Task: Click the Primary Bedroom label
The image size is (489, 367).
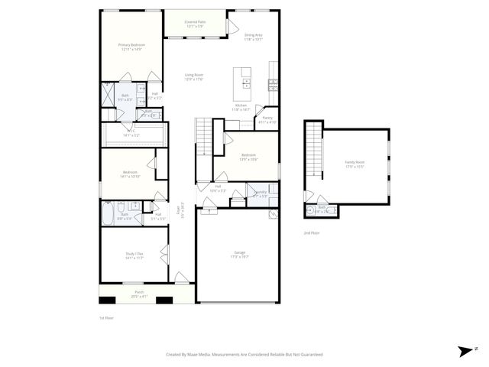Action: point(131,47)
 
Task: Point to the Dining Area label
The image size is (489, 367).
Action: point(254,37)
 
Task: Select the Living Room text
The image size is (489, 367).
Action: point(193,76)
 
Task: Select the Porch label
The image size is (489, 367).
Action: point(140,294)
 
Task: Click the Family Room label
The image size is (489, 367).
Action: point(355,164)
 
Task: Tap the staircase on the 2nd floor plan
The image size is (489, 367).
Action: point(313,151)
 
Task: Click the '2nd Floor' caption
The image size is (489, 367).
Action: point(312,232)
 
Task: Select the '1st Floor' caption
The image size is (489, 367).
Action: point(106,317)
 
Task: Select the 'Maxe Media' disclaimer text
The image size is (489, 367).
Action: point(244,355)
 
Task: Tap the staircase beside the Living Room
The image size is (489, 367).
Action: point(204,137)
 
